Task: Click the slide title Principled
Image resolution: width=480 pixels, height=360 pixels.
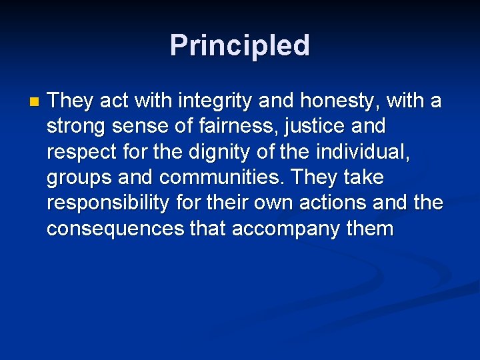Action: (x=239, y=46)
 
